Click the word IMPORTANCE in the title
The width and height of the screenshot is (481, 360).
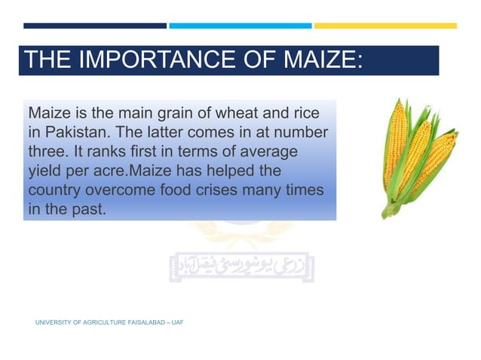click(x=141, y=60)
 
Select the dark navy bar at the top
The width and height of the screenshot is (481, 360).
click(x=94, y=26)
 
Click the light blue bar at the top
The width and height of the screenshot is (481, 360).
click(x=240, y=26)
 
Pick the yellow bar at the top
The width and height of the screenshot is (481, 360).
click(x=385, y=26)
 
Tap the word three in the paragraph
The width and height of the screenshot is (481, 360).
click(x=47, y=151)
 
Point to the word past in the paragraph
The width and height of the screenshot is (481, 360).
click(x=85, y=209)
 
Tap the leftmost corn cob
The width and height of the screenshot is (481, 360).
click(x=396, y=143)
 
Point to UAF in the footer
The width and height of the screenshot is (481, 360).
click(x=177, y=322)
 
